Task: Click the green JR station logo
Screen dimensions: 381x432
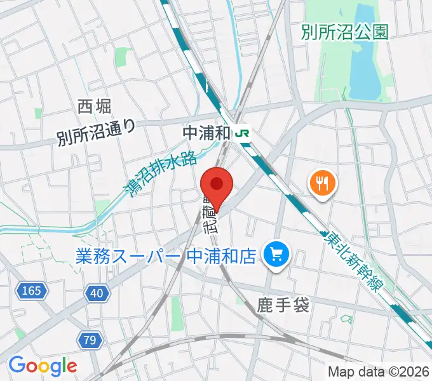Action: click(x=242, y=133)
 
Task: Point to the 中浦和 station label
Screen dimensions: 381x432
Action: click(x=206, y=133)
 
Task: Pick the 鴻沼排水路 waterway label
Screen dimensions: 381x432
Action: click(x=159, y=176)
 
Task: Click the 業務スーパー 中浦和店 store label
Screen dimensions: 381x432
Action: click(x=166, y=257)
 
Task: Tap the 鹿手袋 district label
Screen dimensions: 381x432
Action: click(x=284, y=306)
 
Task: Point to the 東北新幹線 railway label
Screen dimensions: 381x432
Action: click(x=353, y=261)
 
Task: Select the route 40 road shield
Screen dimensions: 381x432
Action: click(x=97, y=293)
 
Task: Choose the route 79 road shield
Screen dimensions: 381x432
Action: click(x=90, y=340)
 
